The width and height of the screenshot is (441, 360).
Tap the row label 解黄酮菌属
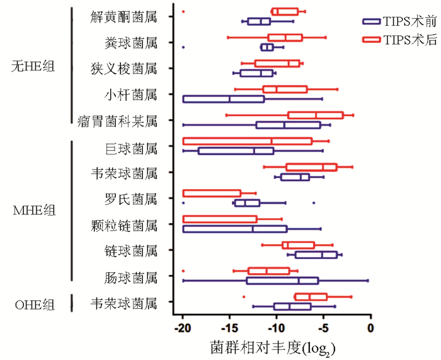[123, 17]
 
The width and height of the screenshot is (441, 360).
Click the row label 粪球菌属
[130, 43]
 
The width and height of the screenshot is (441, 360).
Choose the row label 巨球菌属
[130, 149]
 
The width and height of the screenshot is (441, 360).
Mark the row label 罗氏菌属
[130, 200]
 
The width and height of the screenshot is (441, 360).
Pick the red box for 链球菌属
[299, 245]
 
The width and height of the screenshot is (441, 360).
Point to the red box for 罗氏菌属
[212, 193]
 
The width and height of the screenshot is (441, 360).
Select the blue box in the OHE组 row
[292, 306]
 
